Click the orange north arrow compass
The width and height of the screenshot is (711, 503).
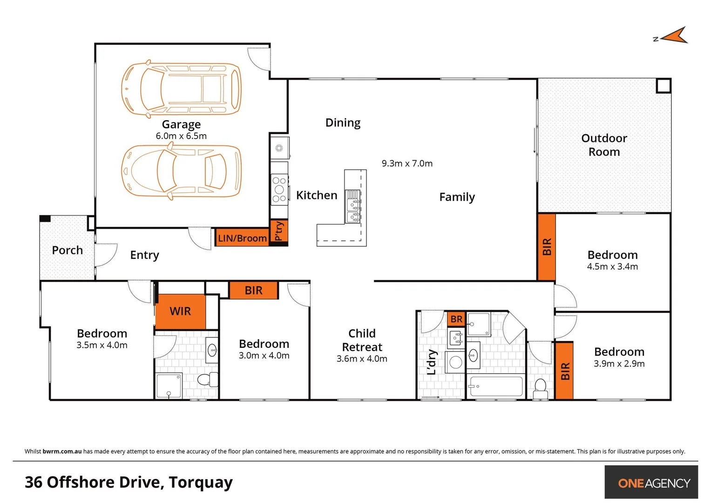674,36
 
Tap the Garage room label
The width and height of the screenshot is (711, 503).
181,124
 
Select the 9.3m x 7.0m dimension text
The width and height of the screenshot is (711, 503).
407,163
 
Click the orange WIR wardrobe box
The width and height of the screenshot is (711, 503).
180,311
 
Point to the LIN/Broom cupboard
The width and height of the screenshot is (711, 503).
242,238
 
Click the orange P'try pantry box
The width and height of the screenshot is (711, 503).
279,231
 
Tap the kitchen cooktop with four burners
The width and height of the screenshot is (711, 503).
279,190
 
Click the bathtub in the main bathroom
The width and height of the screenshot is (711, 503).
495,387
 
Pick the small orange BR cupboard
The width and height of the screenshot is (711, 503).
456,319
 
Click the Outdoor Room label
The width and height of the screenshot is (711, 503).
604,145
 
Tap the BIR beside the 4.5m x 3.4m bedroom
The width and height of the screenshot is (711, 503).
547,247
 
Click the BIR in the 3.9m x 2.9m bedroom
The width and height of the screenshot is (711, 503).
564,371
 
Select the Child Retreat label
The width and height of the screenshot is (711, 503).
362,340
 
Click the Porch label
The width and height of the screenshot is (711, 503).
68,250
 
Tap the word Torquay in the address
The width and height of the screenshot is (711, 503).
201,482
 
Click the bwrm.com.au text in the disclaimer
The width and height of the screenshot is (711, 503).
62,451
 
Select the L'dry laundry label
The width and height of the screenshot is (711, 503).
432,362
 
